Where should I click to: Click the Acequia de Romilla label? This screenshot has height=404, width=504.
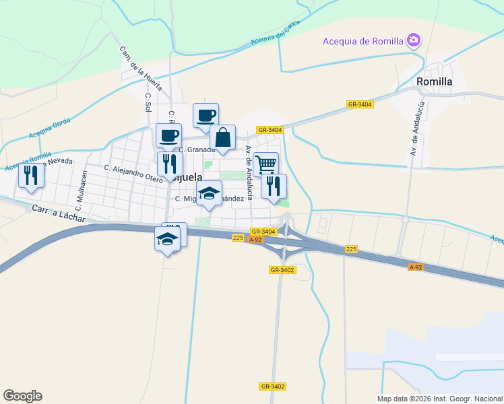(363, 41)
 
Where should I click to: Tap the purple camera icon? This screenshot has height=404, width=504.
(414, 41)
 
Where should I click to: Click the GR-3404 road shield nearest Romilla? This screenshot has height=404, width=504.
(360, 104)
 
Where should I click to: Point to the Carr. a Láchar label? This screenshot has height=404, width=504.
(59, 214)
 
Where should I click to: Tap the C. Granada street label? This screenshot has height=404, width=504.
(197, 149)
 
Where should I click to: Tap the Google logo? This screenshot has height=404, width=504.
(22, 396)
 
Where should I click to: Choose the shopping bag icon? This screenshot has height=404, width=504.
(223, 139)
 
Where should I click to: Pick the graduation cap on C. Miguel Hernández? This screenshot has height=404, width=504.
(210, 193)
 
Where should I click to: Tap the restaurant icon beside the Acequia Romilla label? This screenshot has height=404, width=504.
(31, 176)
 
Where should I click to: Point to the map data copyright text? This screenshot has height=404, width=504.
(439, 399)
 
